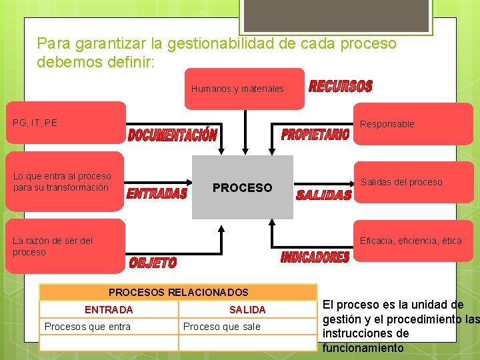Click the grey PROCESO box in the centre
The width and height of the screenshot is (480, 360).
coord(242,187)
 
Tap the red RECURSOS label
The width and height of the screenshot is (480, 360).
coord(340,87)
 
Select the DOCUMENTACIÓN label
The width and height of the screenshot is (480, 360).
coord(172,135)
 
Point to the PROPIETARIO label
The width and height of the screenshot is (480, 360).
coord(315,135)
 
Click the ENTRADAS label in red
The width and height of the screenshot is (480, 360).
coord(157,193)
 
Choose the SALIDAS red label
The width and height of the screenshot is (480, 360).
coord(323,195)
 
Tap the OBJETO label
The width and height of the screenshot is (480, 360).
coord(153,263)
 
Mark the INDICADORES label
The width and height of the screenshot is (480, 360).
coord(315,257)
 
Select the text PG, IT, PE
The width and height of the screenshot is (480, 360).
coord(35,123)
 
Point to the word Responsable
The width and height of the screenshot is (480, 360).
coord(387,124)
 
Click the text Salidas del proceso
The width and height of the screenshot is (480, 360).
coord(401,182)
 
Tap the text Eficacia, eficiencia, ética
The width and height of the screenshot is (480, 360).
coord(411,241)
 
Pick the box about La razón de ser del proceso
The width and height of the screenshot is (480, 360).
coord(65,246)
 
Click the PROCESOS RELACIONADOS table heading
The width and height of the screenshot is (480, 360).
coord(178,292)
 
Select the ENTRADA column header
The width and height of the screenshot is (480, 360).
coord(109,309)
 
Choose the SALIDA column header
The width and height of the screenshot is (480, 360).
coord(247,309)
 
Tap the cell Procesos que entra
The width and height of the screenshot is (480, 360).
coord(87,326)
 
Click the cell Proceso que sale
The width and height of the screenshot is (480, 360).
coord(222,326)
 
